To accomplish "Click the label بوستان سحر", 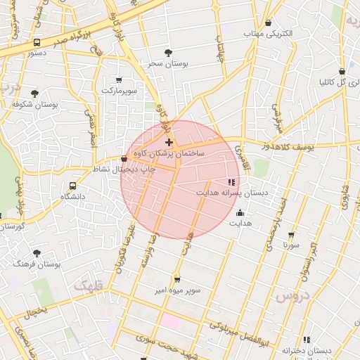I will [x=169, y=63].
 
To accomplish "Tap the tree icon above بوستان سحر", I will [x=167, y=53].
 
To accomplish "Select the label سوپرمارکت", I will [x=117, y=91].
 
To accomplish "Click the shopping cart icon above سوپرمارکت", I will [x=118, y=79].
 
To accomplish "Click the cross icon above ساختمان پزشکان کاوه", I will [x=169, y=143].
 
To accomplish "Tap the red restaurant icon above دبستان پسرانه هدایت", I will [x=232, y=182].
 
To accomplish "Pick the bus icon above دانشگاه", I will [x=72, y=186].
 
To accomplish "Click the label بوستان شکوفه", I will [x=34, y=104].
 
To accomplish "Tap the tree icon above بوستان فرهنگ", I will [x=37, y=253].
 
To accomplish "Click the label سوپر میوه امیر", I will [x=177, y=290].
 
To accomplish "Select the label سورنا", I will [x=291, y=245].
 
